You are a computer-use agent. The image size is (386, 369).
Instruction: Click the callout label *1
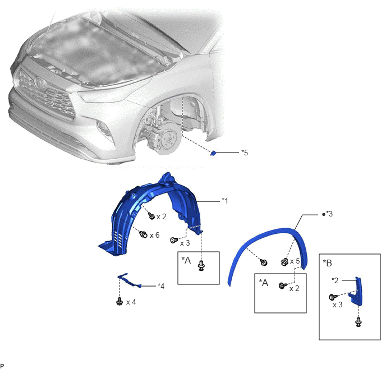tap(225, 201)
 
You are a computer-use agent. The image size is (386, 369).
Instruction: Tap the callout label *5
tap(245, 153)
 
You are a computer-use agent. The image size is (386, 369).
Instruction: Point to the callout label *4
tap(161, 286)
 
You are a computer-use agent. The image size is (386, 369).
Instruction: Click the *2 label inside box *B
tap(335, 280)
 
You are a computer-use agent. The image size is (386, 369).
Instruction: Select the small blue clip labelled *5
tap(213, 153)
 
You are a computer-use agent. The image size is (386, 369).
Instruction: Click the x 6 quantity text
tap(155, 235)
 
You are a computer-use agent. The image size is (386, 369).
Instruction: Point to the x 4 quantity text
tap(131, 302)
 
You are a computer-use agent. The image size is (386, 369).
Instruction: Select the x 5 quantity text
tap(295, 261)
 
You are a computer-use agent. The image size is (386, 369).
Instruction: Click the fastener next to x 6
tap(143, 234)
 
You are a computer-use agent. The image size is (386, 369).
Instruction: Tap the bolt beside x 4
tap(120, 301)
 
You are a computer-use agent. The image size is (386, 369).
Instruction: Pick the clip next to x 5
tap(284, 262)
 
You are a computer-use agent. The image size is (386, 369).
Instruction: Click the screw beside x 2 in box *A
tap(283, 285)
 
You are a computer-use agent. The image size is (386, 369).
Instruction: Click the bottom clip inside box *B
tap(359, 322)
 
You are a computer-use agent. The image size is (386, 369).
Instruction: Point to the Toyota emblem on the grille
tap(39, 82)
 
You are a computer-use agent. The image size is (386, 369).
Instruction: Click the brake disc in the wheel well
tap(169, 138)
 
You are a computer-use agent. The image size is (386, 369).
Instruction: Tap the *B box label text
tap(328, 263)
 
